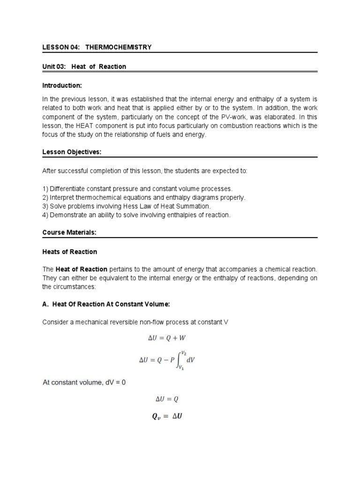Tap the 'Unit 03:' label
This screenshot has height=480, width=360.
tap(55, 67)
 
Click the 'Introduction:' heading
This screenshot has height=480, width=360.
tap(62, 86)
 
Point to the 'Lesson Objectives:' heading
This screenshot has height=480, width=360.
tap(68, 152)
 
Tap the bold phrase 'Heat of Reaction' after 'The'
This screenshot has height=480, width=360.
tap(82, 269)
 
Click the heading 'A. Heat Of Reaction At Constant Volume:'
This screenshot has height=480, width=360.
tap(105, 304)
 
